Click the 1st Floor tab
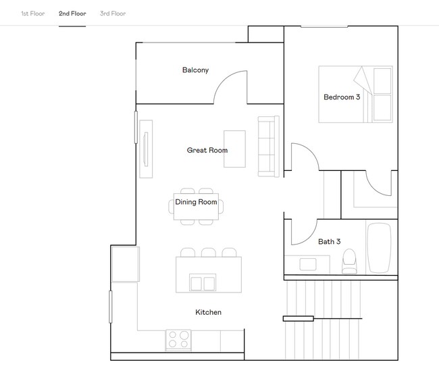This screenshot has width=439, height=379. pyautogui.click(x=32, y=14)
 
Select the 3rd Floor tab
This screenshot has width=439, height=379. pyautogui.click(x=112, y=14)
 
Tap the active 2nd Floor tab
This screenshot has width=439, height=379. pyautogui.click(x=72, y=14)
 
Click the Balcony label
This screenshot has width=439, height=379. pyautogui.click(x=195, y=70)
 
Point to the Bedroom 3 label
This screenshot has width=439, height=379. pyautogui.click(x=342, y=97)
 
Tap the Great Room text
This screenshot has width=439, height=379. pyautogui.click(x=207, y=150)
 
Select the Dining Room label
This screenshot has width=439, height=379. pyautogui.click(x=196, y=202)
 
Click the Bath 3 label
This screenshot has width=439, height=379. pyautogui.click(x=329, y=241)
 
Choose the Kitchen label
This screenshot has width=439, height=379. pyautogui.click(x=208, y=312)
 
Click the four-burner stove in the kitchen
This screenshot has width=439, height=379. pyautogui.click(x=178, y=339)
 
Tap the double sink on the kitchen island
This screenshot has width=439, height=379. pyautogui.click(x=203, y=282)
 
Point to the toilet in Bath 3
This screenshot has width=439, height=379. pyautogui.click(x=349, y=261)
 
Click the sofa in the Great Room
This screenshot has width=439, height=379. pyautogui.click(x=268, y=146)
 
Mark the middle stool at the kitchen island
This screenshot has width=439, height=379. pyautogui.click(x=209, y=253)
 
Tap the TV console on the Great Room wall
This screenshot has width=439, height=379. pyautogui.click(x=146, y=149)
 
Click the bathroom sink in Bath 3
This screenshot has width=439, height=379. pyautogui.click(x=309, y=263)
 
